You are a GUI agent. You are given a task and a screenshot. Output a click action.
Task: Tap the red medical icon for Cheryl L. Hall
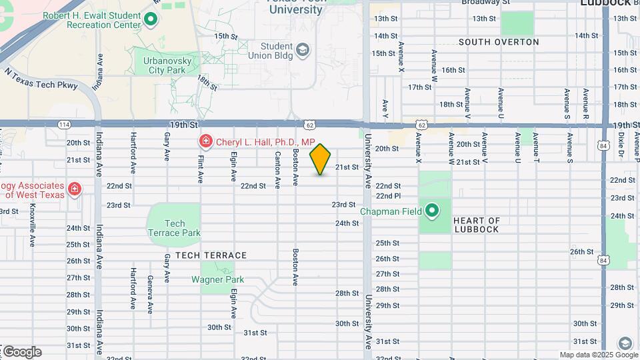206,142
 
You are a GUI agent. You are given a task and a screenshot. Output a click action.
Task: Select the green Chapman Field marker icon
432,211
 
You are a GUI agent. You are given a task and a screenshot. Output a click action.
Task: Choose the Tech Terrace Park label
174,229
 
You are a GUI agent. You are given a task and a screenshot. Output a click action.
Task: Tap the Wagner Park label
213,279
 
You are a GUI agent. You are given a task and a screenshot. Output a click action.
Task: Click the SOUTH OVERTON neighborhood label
499,42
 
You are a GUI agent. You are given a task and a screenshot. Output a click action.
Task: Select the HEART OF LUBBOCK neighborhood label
476,225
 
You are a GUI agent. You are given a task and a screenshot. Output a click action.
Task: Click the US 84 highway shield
603,145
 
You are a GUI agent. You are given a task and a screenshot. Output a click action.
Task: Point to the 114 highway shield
64,125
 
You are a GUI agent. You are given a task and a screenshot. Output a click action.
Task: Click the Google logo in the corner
22,351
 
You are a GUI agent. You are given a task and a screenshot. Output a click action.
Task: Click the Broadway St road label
485,3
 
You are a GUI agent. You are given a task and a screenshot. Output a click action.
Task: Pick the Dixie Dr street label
620,145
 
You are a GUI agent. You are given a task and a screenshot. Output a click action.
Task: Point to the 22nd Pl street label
387,196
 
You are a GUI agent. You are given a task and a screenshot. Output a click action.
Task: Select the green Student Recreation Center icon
151,19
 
